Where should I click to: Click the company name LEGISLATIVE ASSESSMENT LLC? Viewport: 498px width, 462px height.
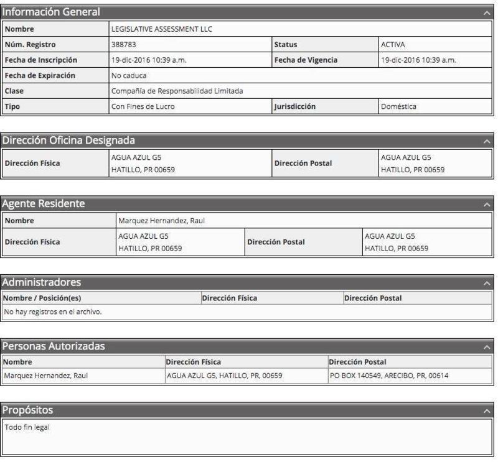point(162,29)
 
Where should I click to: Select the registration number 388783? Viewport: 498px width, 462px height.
point(122,45)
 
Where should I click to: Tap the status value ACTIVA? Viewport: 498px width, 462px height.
point(393,45)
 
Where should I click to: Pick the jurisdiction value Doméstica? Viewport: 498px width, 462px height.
point(398,107)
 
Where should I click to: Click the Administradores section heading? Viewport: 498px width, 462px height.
point(42,282)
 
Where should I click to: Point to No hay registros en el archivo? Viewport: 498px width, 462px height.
point(53,312)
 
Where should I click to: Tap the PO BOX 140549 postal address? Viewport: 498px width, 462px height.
point(388,376)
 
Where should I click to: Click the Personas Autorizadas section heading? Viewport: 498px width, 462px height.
point(54,346)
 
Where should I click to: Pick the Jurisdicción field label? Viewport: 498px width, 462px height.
point(295,107)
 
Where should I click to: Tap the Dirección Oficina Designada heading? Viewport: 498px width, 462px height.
point(68,141)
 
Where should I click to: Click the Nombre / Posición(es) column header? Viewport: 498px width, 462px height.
point(42,298)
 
